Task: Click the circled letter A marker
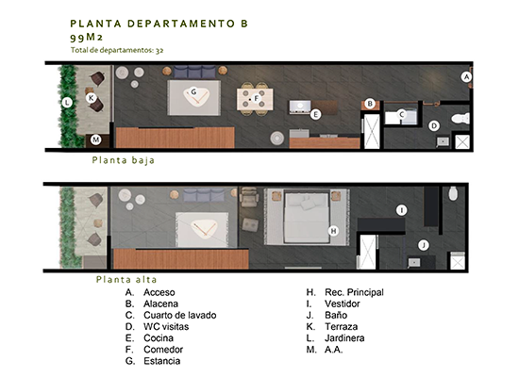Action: pos(466,77)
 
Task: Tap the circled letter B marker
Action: pos(370,104)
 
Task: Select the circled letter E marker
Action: pos(315,114)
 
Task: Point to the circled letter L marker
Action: pos(67,102)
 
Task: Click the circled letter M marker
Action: pos(96,139)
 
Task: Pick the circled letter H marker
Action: pos(334,231)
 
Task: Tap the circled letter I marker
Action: pos(402,210)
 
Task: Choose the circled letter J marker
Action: pos(424,245)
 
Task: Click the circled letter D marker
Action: pos(434,125)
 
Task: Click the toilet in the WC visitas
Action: pos(460,119)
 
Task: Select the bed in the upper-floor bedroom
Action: pos(307,218)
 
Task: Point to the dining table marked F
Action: pos(255,99)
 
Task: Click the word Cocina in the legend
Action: pos(159,338)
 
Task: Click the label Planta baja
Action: pos(124,160)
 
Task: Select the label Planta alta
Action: pos(126,279)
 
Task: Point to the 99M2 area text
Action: pos(87,37)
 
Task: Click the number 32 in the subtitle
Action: pos(159,50)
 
